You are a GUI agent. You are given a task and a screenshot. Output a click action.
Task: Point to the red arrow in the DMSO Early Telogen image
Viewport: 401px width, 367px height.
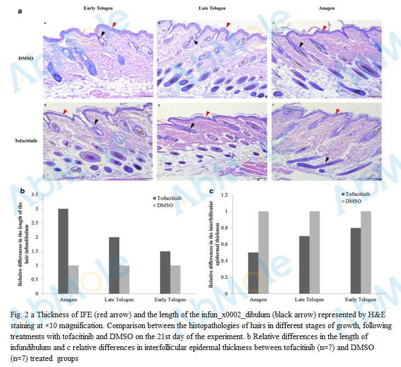[114, 25]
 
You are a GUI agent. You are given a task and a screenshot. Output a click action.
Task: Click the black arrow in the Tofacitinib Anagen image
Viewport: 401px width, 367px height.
[327, 159]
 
